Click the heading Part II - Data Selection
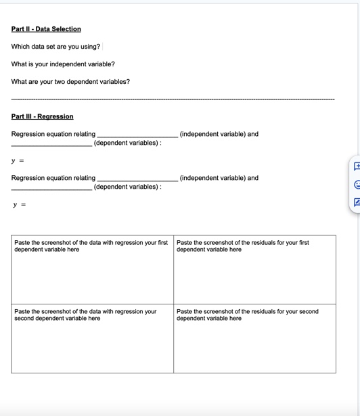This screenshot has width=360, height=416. (46, 29)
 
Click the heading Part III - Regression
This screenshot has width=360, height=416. (42, 117)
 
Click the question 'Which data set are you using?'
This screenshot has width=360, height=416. (55, 47)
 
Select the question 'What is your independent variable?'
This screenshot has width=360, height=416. (63, 64)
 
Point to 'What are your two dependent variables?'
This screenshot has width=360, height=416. (70, 82)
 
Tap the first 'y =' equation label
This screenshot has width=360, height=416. (18, 161)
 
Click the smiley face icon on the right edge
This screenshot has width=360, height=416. (356, 183)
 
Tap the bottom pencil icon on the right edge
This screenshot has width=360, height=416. (356, 202)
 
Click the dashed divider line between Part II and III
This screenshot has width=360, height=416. (173, 99)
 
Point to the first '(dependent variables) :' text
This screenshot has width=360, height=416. (127, 143)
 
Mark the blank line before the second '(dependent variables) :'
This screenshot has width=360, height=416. (51, 189)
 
